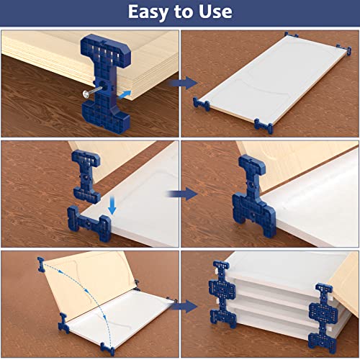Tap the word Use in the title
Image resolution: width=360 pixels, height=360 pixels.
(213, 12)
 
